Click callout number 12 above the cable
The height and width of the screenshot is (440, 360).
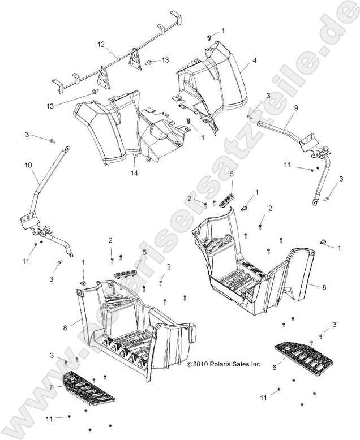(101, 44)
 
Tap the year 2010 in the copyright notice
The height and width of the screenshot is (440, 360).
(202, 365)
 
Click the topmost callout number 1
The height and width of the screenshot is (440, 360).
(222, 31)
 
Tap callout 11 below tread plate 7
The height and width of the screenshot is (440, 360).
(49, 419)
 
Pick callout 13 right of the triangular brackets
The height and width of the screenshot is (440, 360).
(165, 60)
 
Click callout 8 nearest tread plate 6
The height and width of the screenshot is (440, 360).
(324, 287)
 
